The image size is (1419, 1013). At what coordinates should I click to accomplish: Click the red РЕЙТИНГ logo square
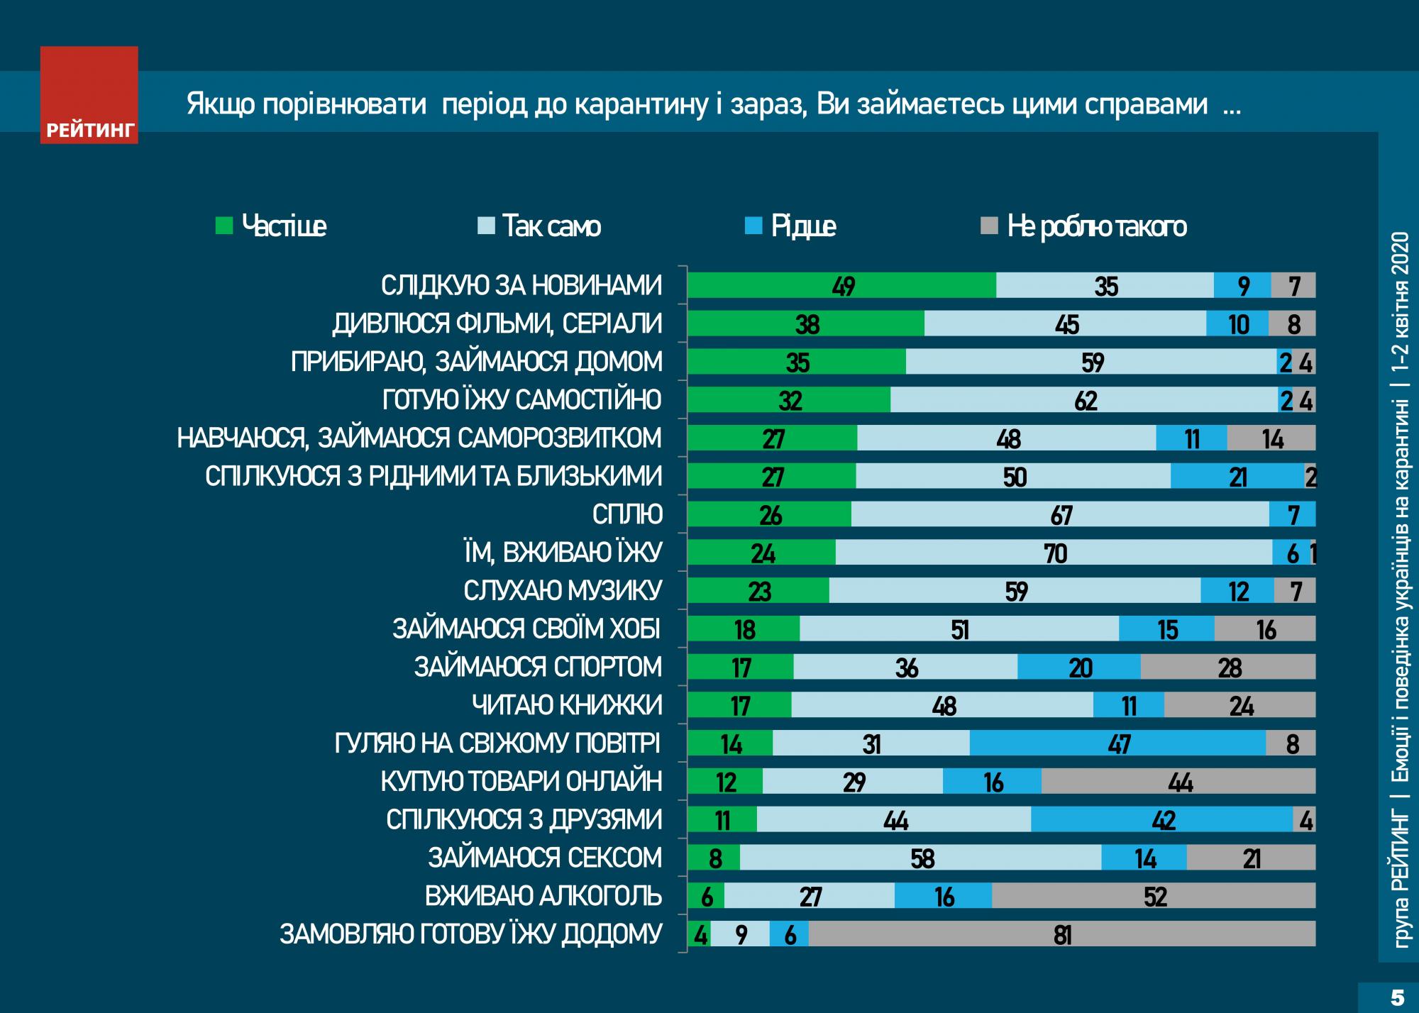(x=89, y=94)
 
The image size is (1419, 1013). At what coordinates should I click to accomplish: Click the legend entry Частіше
(x=273, y=226)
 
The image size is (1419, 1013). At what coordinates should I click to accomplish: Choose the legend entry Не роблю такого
(x=1086, y=226)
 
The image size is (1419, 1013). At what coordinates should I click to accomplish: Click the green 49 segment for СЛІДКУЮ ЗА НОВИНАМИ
(x=842, y=285)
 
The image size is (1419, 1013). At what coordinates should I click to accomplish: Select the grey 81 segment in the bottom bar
(x=1061, y=934)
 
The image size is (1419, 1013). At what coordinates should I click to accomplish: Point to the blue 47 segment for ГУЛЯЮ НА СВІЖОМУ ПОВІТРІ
(x=1117, y=743)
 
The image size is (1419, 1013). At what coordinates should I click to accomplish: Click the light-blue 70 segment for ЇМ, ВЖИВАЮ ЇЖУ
(x=1054, y=553)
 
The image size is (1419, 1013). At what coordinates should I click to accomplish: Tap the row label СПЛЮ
(x=627, y=514)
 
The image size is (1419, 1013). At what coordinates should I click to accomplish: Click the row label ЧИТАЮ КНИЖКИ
(x=567, y=705)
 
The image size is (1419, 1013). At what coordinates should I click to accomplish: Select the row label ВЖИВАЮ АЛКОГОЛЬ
(x=543, y=896)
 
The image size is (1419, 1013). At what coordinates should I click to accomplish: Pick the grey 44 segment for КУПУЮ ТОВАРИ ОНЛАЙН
(x=1178, y=782)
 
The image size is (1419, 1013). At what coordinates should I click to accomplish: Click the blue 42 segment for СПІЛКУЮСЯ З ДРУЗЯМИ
(x=1162, y=820)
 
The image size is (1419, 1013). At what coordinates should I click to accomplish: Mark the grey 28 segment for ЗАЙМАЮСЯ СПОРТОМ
(x=1228, y=668)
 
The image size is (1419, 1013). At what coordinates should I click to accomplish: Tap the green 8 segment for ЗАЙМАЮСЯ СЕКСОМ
(x=714, y=858)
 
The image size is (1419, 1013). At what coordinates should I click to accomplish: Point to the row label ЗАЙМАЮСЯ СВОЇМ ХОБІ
(x=526, y=629)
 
